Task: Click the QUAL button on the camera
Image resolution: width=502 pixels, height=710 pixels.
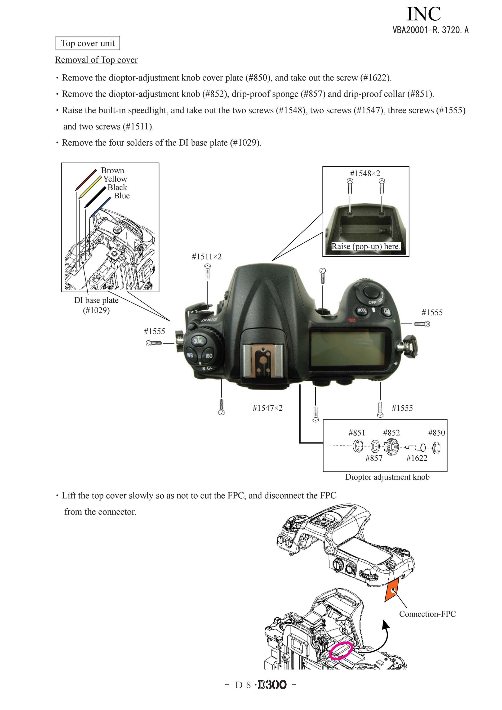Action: coord(198,341)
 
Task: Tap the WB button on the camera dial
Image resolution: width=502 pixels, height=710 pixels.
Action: coord(190,355)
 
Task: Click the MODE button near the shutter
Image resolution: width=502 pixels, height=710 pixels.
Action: coord(362,310)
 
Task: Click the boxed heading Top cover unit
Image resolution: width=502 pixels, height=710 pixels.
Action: coord(88,43)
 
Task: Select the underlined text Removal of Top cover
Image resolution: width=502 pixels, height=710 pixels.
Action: coord(96,60)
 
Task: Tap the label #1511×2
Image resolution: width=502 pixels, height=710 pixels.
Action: coord(206,257)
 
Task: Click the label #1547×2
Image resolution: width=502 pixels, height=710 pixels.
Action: coord(268,408)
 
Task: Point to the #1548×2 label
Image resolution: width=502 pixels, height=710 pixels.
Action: coord(365,174)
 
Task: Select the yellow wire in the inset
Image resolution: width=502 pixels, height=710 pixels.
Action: coord(90,188)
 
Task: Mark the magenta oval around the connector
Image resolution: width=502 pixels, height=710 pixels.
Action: coord(341,651)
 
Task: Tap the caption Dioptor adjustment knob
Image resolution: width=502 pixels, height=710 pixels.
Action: coord(387,477)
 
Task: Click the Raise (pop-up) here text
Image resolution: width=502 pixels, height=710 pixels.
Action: coord(366,246)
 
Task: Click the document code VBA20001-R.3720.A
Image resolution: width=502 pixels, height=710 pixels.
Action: coord(431,30)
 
